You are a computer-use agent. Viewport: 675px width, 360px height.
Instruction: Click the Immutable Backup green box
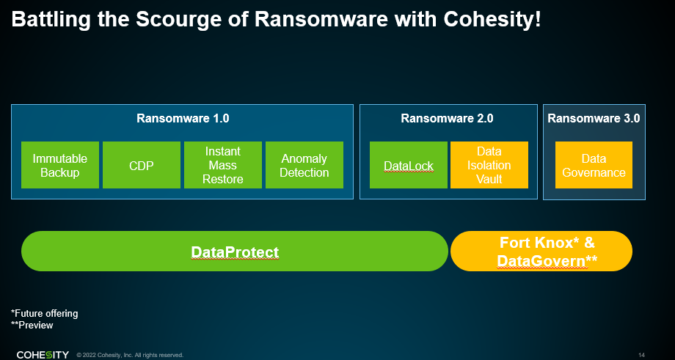(x=60, y=165)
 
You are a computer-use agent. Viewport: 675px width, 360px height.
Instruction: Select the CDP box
(x=141, y=165)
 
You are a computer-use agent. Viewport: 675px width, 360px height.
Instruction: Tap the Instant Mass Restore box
(x=222, y=165)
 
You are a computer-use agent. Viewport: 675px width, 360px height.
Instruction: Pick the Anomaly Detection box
(x=304, y=165)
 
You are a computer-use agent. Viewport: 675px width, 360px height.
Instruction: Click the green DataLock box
(x=409, y=165)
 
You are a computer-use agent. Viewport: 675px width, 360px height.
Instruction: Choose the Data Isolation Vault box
(x=489, y=165)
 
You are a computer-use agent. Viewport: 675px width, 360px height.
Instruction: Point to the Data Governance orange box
(x=594, y=165)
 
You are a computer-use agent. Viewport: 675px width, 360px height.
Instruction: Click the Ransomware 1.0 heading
(x=183, y=118)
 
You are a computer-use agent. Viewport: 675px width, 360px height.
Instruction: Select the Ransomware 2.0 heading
(x=447, y=118)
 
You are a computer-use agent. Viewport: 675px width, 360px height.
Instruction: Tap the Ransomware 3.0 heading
(x=594, y=118)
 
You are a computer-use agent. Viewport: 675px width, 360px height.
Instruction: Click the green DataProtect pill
(x=235, y=251)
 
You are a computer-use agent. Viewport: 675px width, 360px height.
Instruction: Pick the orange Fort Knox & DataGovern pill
(x=541, y=251)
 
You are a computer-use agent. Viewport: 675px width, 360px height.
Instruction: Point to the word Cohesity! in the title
(x=492, y=21)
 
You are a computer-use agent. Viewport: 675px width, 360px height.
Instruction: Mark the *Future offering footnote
(x=44, y=313)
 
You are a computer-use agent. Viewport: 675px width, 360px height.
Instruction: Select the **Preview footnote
(x=32, y=325)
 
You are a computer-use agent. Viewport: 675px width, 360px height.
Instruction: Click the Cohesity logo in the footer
(x=43, y=355)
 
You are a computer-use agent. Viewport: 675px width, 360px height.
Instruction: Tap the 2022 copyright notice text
(x=130, y=356)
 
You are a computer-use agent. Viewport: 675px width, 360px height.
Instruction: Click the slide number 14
(x=641, y=356)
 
